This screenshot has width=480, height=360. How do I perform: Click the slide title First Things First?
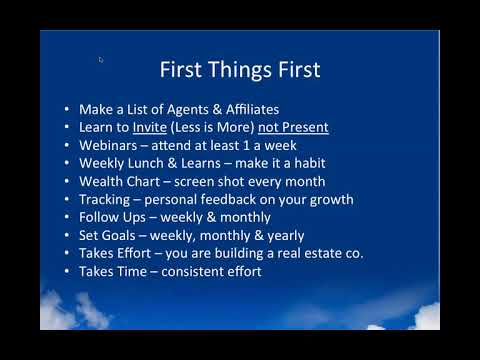coord(240,70)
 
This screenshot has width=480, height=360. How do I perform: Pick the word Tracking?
coord(106,199)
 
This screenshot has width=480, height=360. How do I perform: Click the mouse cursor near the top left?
coord(101,59)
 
